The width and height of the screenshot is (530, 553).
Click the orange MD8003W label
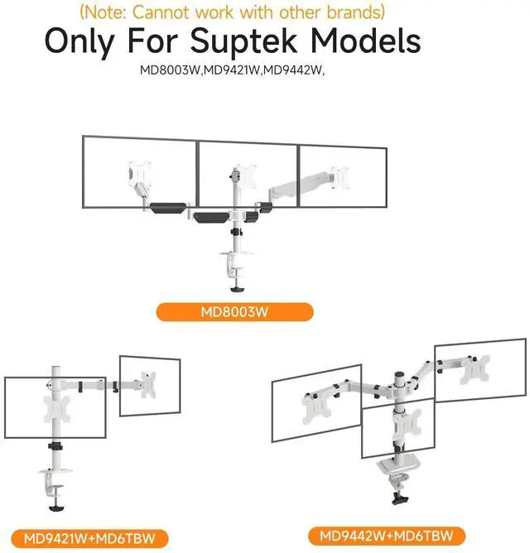(x=236, y=312)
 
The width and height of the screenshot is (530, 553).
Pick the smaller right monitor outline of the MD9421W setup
(x=150, y=386)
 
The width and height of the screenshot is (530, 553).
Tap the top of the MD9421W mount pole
(x=56, y=367)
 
